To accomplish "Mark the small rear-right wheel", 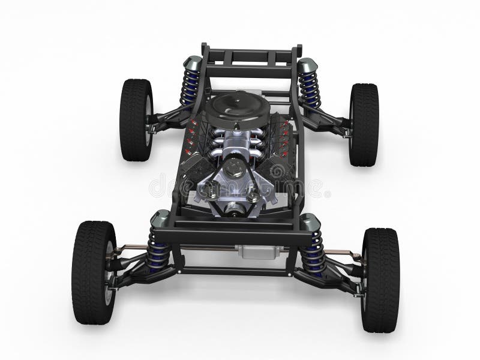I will point(364,124).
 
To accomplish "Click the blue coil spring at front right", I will point(313,253).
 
